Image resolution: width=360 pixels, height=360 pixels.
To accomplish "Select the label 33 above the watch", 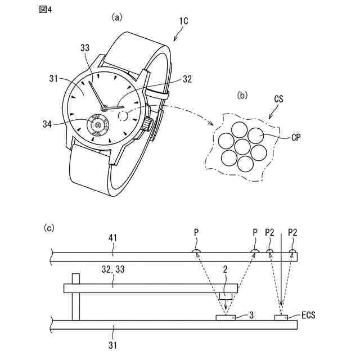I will tap(85, 48).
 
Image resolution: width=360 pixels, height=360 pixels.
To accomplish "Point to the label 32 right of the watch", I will tap(187, 79).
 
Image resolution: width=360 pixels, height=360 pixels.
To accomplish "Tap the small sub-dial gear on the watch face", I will tap(98, 125).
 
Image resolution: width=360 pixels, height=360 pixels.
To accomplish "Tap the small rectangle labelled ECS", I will tap(281, 318).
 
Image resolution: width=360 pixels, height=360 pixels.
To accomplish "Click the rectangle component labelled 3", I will tap(226, 318).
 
